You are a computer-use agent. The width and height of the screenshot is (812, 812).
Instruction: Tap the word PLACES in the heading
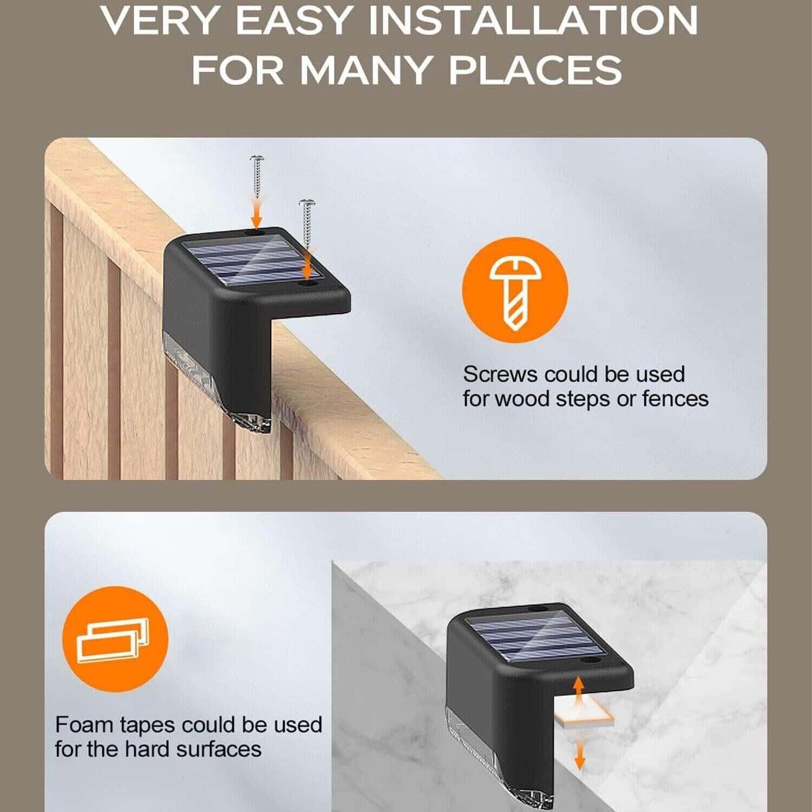[535, 70]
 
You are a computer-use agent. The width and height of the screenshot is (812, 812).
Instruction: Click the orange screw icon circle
[515, 290]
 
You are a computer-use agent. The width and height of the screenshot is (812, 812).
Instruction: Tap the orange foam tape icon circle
[115, 639]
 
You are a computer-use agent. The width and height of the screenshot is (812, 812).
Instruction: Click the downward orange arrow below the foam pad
[580, 755]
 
